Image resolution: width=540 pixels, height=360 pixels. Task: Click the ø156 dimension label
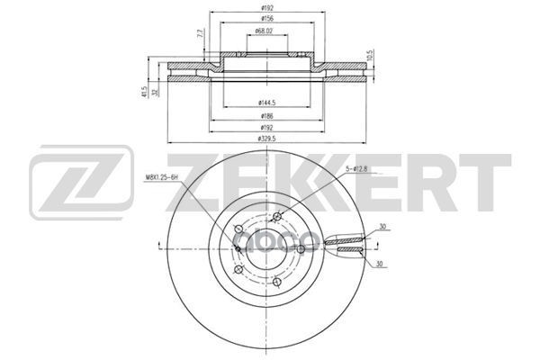point(267,19)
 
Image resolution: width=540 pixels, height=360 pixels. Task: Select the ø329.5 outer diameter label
point(266,139)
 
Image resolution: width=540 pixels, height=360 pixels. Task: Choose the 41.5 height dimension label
point(144,91)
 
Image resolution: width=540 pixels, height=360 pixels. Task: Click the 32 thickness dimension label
point(156,91)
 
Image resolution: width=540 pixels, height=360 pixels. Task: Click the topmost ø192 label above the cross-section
point(267,7)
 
